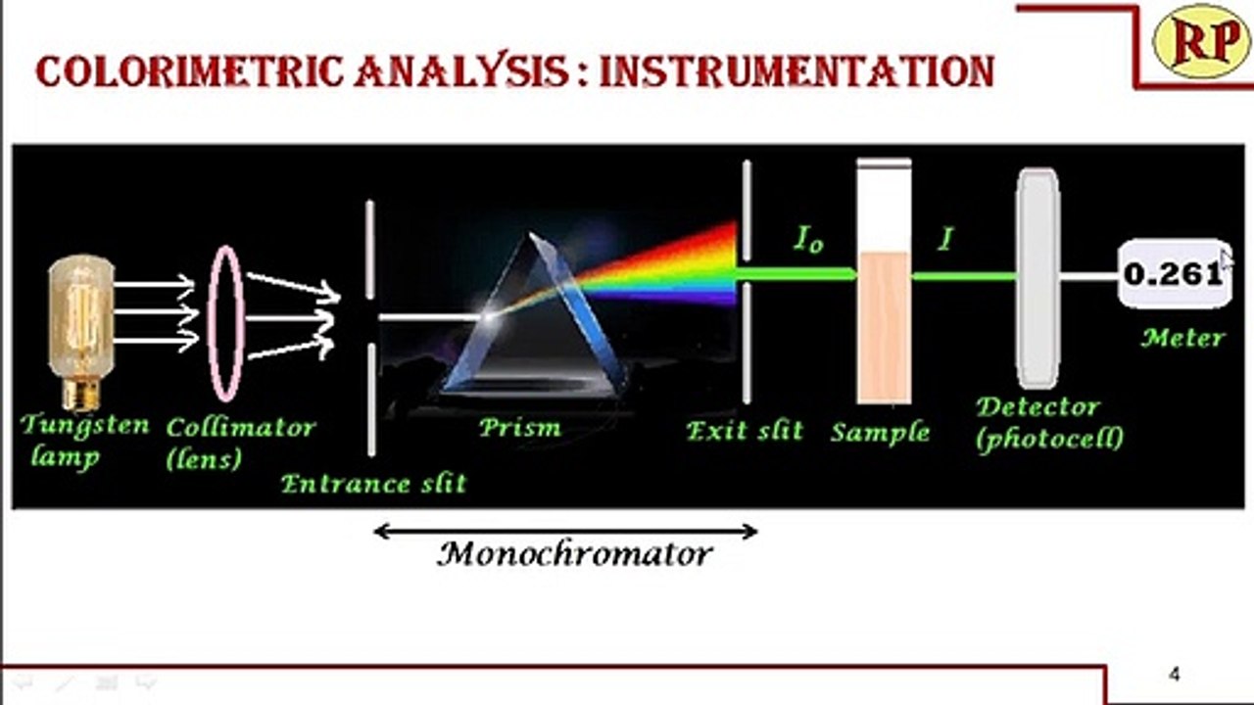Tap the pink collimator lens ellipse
click(x=224, y=323)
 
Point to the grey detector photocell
click(x=1037, y=279)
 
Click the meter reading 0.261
click(x=1173, y=274)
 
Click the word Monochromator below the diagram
click(x=575, y=554)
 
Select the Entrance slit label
click(x=373, y=483)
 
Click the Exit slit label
click(x=745, y=430)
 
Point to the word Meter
click(x=1182, y=339)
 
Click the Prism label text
click(x=519, y=427)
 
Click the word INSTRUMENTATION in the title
click(x=796, y=72)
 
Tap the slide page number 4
click(x=1175, y=674)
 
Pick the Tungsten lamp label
click(x=83, y=440)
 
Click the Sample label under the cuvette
click(x=880, y=431)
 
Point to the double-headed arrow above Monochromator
click(x=565, y=532)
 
